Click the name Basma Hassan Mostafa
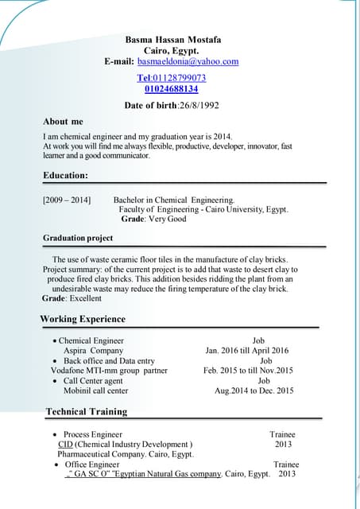point(172,40)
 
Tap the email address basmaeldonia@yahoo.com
point(188,61)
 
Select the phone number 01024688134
point(172,89)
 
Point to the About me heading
point(63,122)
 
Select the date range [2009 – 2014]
point(67,200)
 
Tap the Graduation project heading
point(78,238)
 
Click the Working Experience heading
point(83,319)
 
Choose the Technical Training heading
point(86,411)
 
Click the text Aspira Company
point(93,351)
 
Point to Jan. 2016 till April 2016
point(246,351)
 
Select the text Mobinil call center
point(95,390)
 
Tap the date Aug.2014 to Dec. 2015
point(254,390)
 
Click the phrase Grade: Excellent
point(72,299)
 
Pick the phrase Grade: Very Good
point(153,219)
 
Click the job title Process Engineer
point(93,435)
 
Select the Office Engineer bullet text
point(92,464)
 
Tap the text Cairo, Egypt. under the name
point(171,50)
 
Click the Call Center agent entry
point(93,381)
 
